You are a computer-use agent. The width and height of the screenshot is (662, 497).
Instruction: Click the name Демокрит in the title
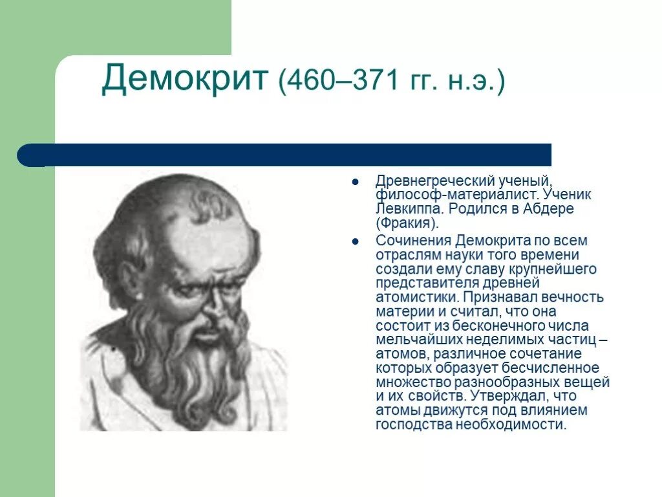[185, 79]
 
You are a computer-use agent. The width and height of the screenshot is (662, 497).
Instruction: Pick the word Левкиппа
[409, 209]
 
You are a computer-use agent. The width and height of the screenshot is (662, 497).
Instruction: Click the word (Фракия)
[407, 223]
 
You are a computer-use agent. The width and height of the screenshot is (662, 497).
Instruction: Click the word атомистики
[416, 297]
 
